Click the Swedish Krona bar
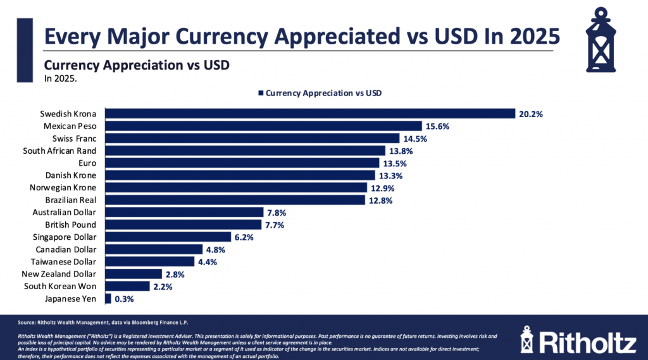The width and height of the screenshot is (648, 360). (310, 114)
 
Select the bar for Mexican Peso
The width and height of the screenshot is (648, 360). (263, 126)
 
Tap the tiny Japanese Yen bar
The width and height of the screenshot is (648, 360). (108, 299)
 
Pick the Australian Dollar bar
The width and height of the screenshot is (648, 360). (184, 212)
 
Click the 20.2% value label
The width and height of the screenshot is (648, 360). (532, 114)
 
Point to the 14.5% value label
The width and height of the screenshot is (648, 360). (416, 139)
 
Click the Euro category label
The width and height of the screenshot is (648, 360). (87, 163)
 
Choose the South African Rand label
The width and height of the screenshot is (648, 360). (59, 151)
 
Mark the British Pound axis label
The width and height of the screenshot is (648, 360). (70, 225)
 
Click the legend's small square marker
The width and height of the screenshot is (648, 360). (261, 93)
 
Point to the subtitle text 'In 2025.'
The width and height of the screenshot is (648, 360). (61, 79)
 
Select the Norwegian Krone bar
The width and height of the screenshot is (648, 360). (235, 187)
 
